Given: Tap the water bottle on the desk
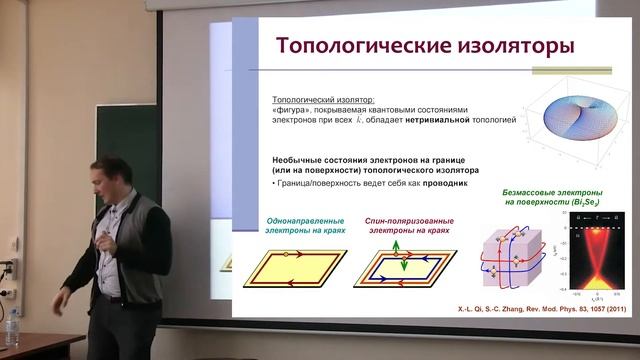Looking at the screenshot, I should [x=13, y=328].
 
